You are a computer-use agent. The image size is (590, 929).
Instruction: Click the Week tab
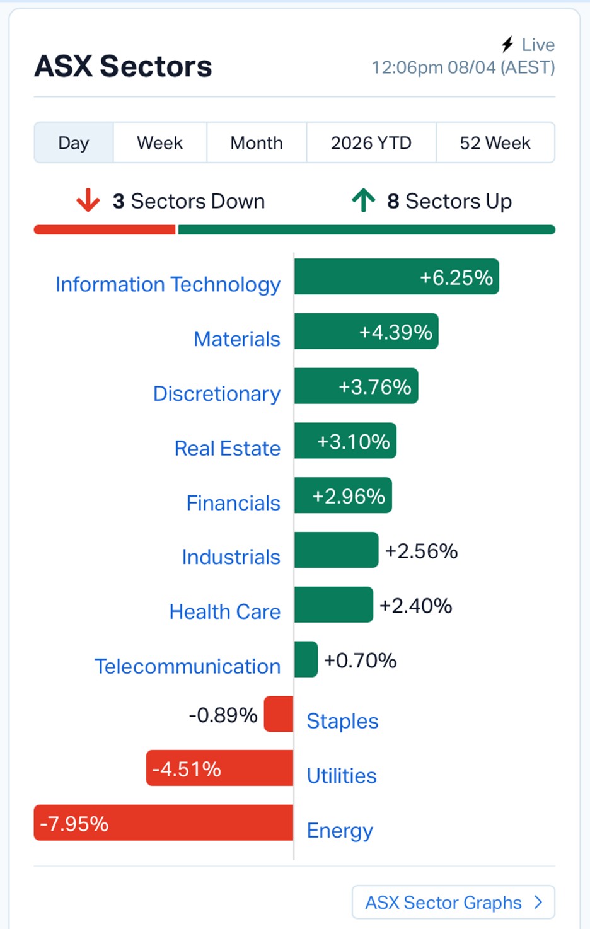[159, 143]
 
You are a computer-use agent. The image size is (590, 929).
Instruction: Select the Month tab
[256, 143]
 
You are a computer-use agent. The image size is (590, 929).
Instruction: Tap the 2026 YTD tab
[371, 143]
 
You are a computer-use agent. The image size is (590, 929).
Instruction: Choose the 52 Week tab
[495, 143]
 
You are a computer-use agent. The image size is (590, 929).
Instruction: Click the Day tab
[74, 143]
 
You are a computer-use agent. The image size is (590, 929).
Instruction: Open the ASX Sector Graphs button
[453, 902]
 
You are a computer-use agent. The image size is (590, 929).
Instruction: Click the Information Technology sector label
[168, 284]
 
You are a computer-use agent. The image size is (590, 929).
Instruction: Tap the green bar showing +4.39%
[366, 332]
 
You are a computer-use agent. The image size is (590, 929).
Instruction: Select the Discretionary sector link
[217, 393]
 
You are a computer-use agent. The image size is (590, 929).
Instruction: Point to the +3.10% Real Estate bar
[345, 441]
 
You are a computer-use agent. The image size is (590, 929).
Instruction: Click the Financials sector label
[233, 503]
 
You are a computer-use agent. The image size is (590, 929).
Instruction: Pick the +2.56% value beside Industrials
[421, 551]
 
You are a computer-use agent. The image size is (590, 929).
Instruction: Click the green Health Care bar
[333, 605]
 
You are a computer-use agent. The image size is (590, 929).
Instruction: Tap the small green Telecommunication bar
[306, 659]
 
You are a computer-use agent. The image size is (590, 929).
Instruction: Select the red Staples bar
[279, 714]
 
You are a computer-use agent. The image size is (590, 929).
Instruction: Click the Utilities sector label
[342, 776]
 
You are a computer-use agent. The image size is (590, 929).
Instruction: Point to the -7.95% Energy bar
[163, 822]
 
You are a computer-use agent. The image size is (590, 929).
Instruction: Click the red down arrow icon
[88, 200]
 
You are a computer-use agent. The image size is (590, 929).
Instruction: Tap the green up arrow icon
[364, 200]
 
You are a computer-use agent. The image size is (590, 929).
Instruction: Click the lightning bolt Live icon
[507, 44]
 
